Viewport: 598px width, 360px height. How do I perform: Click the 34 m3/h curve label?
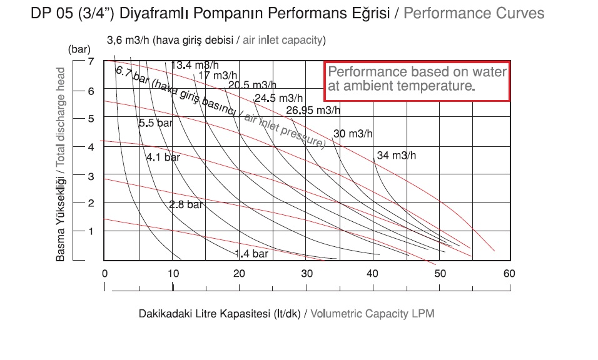point(396,156)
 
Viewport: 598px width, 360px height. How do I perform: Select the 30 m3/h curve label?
point(353,133)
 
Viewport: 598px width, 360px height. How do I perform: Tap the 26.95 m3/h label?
point(313,111)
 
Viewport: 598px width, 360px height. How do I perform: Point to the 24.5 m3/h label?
point(278,98)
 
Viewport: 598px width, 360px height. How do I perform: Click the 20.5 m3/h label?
point(252,86)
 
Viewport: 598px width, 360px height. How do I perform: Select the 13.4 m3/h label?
point(195,65)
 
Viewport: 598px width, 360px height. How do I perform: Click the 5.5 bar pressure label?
point(155,123)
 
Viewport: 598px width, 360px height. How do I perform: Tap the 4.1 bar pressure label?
point(163,157)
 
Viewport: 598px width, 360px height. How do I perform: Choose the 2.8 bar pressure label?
point(186,204)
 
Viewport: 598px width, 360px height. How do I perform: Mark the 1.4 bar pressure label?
point(251,254)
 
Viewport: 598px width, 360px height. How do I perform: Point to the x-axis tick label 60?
point(509,274)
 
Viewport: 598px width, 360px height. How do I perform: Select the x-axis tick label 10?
point(172,274)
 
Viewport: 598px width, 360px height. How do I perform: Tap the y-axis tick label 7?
point(91,62)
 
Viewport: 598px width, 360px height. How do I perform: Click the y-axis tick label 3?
point(91,176)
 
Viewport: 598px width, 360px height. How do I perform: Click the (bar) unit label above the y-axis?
point(80,48)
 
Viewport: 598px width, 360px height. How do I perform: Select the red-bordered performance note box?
point(417,81)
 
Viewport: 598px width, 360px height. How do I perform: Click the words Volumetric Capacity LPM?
point(372,314)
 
